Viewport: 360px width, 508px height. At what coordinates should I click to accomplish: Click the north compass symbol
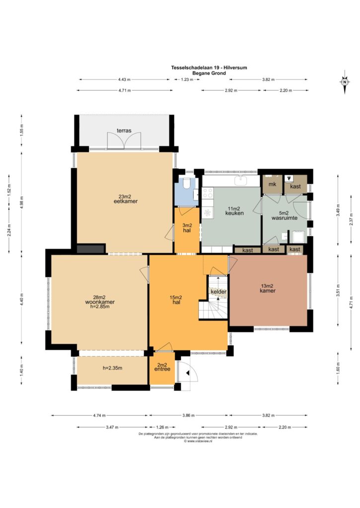[x=345, y=82]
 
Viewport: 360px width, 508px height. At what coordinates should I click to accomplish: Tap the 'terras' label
[x=124, y=130]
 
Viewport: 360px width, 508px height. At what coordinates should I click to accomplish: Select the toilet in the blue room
[x=187, y=184]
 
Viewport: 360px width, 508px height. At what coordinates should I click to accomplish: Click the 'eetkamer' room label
[x=126, y=201]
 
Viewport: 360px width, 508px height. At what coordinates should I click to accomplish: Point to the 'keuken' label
[x=234, y=213]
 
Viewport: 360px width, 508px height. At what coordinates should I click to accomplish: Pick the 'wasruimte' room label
[x=285, y=218]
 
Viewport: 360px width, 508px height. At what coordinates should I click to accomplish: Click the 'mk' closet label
[x=273, y=184]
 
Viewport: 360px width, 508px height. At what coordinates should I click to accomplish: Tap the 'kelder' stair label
[x=218, y=292]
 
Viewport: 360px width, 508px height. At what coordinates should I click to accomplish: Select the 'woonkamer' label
[x=100, y=302]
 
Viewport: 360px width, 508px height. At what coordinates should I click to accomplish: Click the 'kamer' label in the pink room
[x=268, y=291]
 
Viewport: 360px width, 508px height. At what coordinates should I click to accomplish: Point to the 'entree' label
[x=162, y=369]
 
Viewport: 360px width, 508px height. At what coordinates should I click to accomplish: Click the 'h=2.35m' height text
[x=113, y=368]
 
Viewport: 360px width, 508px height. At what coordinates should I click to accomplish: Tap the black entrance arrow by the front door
[x=187, y=373]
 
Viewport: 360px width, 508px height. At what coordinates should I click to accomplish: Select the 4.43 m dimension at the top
[x=124, y=79]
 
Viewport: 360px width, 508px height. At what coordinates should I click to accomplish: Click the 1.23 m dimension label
[x=187, y=79]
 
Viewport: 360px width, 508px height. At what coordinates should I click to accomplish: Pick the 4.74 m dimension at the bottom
[x=99, y=415]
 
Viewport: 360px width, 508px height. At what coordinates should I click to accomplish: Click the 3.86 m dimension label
[x=188, y=415]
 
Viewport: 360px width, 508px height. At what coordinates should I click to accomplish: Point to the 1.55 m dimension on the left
[x=22, y=130]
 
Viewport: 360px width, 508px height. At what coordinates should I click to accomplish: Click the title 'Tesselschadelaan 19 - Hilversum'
[x=209, y=67]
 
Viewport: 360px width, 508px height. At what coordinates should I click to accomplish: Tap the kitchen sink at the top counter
[x=241, y=180]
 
